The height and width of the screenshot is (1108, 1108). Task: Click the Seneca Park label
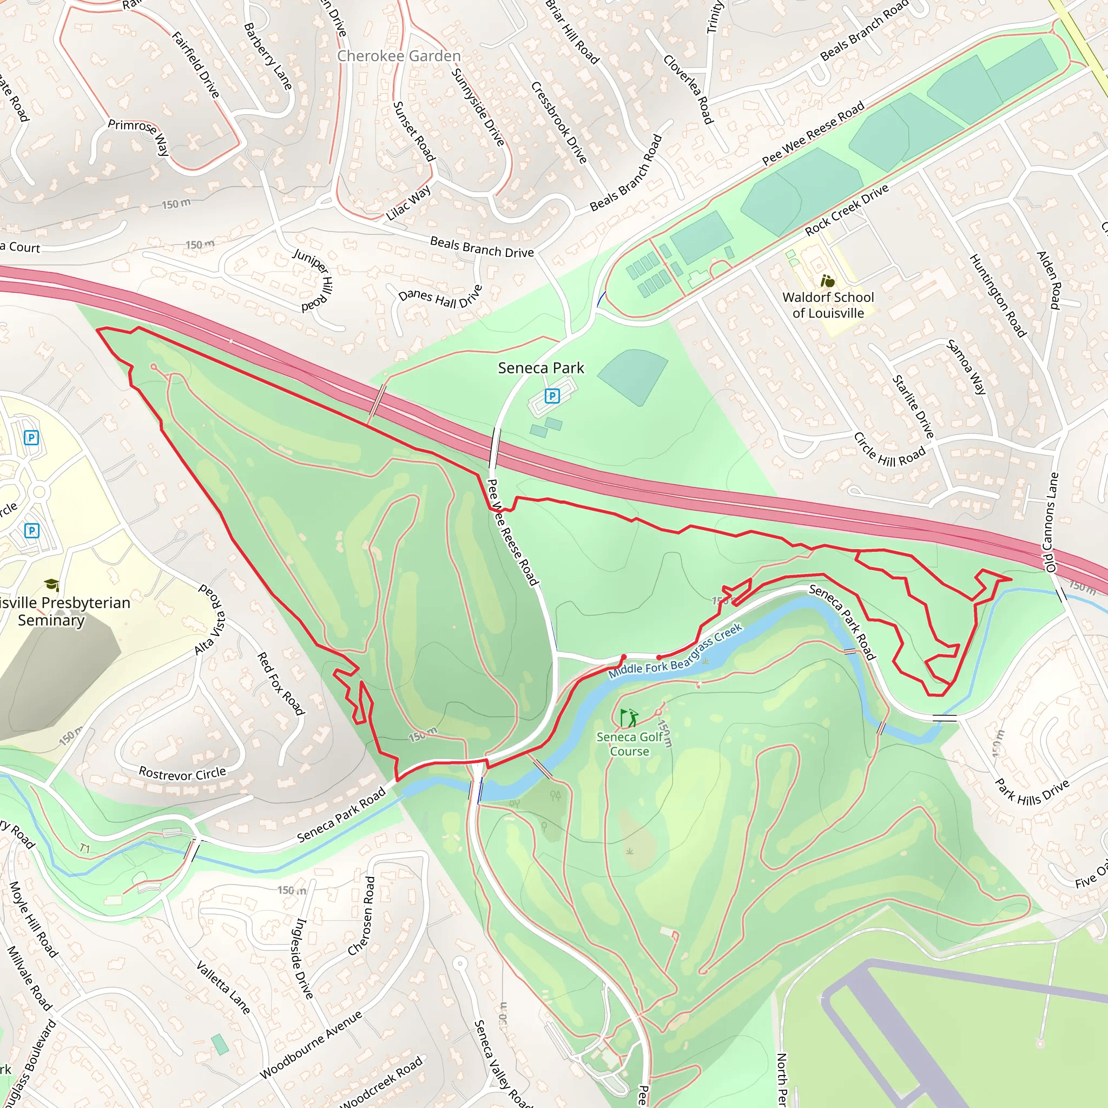(x=540, y=368)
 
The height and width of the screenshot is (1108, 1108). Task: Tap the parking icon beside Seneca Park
(x=552, y=395)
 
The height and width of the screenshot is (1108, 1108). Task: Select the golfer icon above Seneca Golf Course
(x=629, y=717)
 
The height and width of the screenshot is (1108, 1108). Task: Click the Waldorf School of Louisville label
(x=828, y=305)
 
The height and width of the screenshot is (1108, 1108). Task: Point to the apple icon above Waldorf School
(x=828, y=281)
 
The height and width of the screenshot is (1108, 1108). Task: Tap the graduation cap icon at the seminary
(x=51, y=585)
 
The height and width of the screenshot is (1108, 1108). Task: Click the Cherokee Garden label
(x=399, y=56)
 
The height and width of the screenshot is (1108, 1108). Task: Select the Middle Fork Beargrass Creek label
(x=675, y=651)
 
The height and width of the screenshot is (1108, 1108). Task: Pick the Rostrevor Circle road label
(x=182, y=774)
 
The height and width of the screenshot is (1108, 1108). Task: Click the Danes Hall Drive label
(x=440, y=298)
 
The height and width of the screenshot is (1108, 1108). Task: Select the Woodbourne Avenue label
(x=311, y=1044)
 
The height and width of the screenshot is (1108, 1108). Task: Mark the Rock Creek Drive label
(x=847, y=210)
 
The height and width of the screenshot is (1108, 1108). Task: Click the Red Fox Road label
(x=280, y=683)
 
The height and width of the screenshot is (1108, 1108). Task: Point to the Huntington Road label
(x=997, y=295)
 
